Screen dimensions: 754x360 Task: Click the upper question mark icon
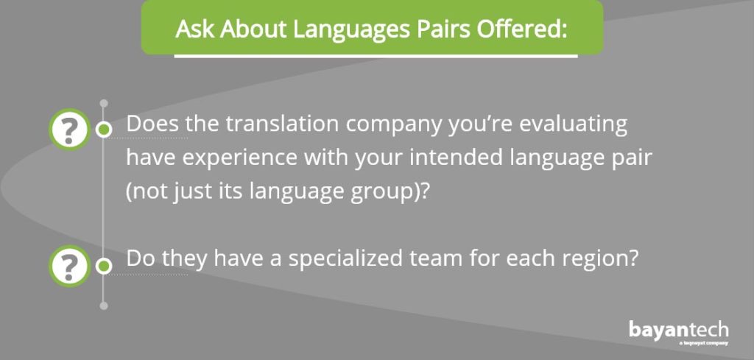70,130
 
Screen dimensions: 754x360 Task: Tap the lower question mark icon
70,266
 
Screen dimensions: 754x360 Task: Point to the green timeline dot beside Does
103,130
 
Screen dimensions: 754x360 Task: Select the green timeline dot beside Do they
103,266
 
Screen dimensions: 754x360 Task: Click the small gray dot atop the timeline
103,103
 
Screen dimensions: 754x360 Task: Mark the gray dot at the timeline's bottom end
103,306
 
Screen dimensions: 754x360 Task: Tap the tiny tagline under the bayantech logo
704,343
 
